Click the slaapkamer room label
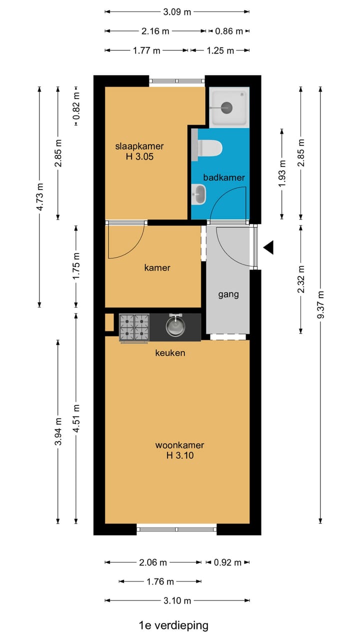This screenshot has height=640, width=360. [x=139, y=146]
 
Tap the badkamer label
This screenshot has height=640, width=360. [x=223, y=177]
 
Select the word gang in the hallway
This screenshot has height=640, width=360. [x=228, y=294]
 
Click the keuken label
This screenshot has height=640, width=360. [x=170, y=353]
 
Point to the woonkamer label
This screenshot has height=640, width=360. [x=179, y=445]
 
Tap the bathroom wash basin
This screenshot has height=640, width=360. [x=199, y=194]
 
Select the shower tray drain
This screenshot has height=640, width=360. [x=226, y=106]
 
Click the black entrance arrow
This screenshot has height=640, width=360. [x=269, y=247]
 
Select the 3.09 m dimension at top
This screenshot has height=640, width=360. [x=177, y=12]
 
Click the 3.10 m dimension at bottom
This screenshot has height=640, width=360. [x=177, y=600]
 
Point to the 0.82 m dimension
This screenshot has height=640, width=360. [x=76, y=107]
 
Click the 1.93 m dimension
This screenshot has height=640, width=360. [x=282, y=173]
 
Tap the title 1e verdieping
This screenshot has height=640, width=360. [x=173, y=624]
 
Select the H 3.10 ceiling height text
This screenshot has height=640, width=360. [x=179, y=455]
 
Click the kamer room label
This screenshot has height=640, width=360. [x=157, y=268]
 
